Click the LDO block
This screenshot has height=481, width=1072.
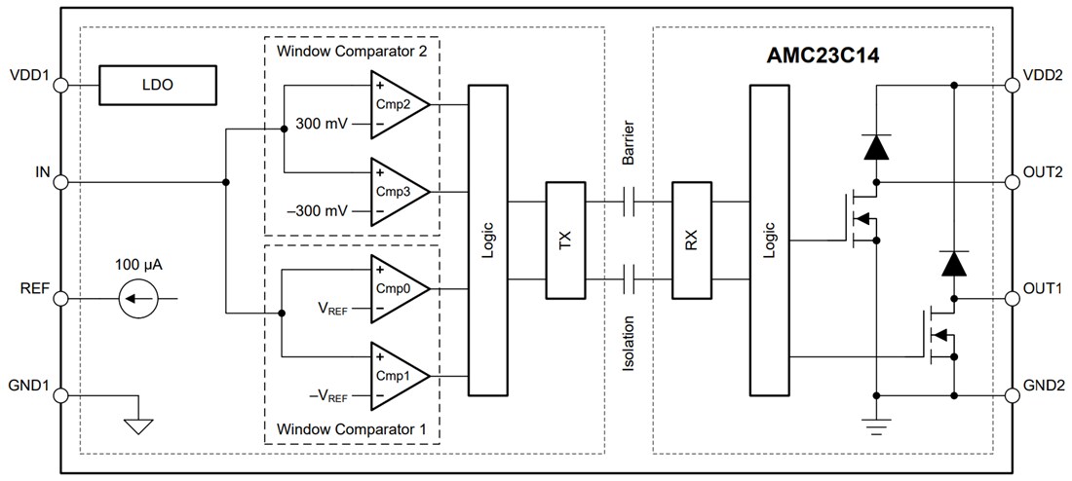point(157,85)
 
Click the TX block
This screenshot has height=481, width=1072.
point(564,240)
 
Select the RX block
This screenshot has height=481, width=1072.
point(691,240)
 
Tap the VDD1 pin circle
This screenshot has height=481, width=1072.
point(59,85)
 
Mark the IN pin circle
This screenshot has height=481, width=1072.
point(59,182)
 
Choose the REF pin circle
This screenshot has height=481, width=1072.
point(59,298)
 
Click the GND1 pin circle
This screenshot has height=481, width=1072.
point(59,395)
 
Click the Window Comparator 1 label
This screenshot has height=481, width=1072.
point(350,428)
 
